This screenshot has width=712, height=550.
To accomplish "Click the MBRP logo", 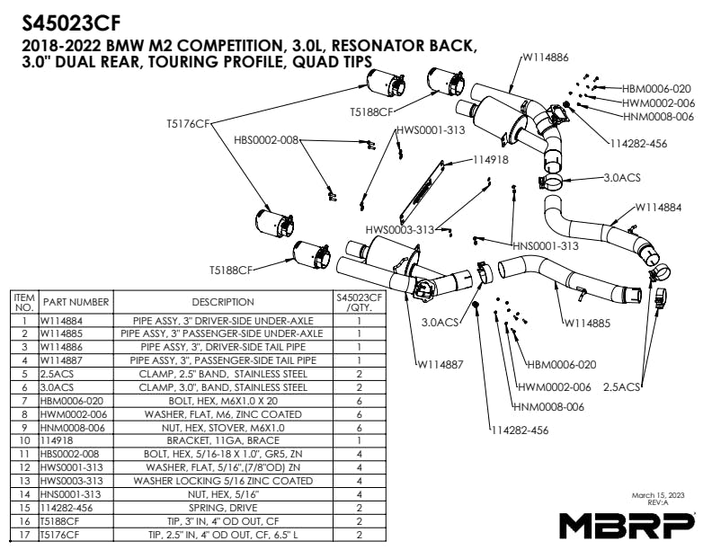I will [x=627, y=523].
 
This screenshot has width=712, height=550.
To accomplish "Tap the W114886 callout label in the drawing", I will [x=546, y=57].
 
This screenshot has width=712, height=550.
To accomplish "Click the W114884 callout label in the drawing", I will [x=658, y=207].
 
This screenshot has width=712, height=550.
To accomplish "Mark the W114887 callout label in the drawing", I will [x=441, y=364].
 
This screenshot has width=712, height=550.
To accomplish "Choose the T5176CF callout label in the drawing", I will [x=187, y=123].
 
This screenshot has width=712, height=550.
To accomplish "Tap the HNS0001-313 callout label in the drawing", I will [x=546, y=245].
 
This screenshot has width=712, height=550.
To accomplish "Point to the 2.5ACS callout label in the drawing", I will [x=621, y=386].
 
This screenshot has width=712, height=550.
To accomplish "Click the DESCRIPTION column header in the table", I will [x=223, y=302].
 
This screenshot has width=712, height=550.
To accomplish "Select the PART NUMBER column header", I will [x=76, y=302].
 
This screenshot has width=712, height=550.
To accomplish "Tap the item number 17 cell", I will [x=24, y=534].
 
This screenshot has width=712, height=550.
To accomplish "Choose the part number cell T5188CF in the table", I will [x=61, y=520].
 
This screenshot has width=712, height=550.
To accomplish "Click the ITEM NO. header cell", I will [x=24, y=302].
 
